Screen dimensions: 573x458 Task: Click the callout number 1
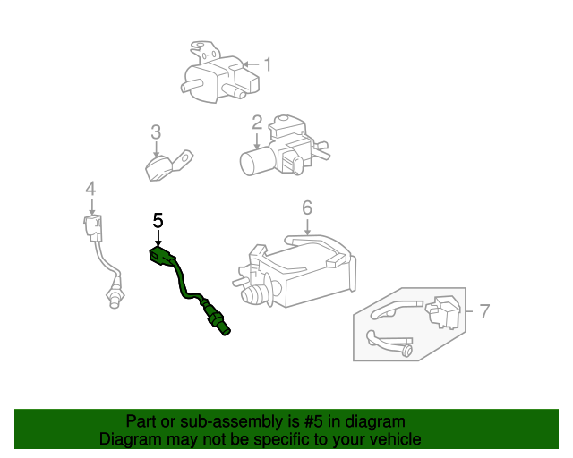(268, 64)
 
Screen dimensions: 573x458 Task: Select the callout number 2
(257, 123)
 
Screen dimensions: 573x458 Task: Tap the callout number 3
(156, 131)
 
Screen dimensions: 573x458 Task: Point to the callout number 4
(90, 189)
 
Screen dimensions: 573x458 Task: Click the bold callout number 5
(158, 221)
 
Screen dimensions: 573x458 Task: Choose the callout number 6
(307, 208)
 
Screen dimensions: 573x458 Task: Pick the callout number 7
(484, 311)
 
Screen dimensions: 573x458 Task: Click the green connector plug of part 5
(161, 256)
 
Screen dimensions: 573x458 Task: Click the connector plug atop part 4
(93, 228)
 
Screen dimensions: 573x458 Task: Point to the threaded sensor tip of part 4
(115, 299)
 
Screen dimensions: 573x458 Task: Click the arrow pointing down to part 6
(307, 227)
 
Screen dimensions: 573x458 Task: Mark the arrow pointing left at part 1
(251, 64)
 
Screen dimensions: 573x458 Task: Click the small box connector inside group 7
(443, 312)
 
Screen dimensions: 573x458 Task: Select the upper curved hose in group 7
(396, 310)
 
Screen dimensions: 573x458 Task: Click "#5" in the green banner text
(313, 421)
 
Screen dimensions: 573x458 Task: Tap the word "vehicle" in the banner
(399, 439)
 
